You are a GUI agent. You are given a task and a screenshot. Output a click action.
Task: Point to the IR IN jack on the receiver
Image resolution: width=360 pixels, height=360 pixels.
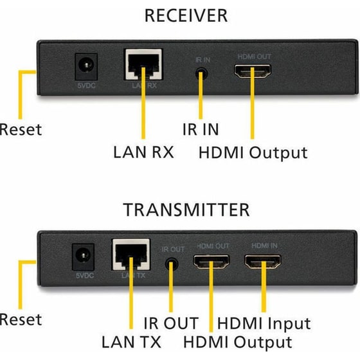coord(202,72)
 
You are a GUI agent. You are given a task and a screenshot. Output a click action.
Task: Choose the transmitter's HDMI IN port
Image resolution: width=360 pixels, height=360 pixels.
coord(262,263)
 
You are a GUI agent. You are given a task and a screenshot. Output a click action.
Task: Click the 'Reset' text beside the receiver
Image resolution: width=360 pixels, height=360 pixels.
coord(21,129)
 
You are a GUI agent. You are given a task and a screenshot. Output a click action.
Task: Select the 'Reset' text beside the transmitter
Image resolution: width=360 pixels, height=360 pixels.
coord(21,319)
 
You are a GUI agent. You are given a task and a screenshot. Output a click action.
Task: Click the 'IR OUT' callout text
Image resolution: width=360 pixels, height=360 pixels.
coord(171,323)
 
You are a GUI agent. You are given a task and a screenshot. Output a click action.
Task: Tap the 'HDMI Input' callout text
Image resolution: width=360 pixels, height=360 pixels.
coord(264,323)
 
